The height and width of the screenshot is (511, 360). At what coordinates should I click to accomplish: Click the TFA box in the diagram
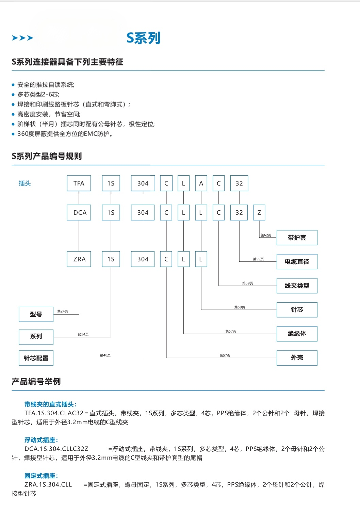79,183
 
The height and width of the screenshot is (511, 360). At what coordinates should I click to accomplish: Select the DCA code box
79,212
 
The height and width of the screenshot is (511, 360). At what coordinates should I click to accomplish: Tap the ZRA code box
79,259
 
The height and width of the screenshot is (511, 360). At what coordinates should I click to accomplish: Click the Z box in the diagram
259,212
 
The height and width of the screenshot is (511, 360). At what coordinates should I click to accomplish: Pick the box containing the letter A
201,183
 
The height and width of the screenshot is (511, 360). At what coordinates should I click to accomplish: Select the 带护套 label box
297,238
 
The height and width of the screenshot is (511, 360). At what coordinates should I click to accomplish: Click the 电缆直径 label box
297,262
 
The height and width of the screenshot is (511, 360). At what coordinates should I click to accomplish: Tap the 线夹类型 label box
297,286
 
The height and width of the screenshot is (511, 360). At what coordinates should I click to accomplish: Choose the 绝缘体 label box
297,334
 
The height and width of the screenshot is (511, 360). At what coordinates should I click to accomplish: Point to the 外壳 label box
297,358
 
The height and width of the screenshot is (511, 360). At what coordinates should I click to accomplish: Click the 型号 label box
36,314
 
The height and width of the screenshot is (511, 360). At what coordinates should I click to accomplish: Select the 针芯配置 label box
36,358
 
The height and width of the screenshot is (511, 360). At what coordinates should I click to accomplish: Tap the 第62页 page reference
266,235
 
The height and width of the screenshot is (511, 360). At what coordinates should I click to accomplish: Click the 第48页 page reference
105,355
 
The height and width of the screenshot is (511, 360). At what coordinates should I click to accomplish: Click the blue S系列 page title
143,38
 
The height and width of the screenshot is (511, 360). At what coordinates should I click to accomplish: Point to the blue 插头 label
24,183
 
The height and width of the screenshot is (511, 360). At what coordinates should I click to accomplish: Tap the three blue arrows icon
22,38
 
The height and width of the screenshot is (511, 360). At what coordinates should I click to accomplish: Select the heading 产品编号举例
36,381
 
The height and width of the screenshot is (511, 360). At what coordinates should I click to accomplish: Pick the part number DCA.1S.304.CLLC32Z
56,449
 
